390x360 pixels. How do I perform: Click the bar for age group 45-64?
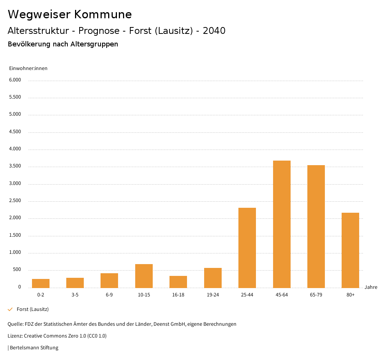[x=281, y=224]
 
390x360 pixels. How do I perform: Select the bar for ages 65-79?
[x=316, y=226]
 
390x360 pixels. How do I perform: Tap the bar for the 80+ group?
[x=350, y=250]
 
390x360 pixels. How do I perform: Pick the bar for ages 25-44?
[x=247, y=248]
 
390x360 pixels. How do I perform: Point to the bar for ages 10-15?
[x=144, y=276]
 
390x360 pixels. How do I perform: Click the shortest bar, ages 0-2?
[x=41, y=284]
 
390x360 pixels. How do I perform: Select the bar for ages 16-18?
[x=178, y=282]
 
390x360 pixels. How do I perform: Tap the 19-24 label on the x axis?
[x=213, y=295]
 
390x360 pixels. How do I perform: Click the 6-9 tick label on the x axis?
[x=109, y=295]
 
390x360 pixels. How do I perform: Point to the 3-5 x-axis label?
[x=75, y=295]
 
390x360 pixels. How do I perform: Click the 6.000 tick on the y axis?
[x=14, y=80]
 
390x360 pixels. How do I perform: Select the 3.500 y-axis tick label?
[x=14, y=166]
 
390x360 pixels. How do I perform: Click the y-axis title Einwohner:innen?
[x=28, y=68]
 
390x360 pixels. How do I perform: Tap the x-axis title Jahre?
[x=371, y=287]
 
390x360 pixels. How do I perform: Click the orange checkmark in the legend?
[x=10, y=309]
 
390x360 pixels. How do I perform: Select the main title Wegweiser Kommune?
[x=70, y=14]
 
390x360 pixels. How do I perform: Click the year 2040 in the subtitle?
[x=214, y=31]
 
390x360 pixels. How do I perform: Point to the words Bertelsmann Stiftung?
[x=34, y=348]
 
